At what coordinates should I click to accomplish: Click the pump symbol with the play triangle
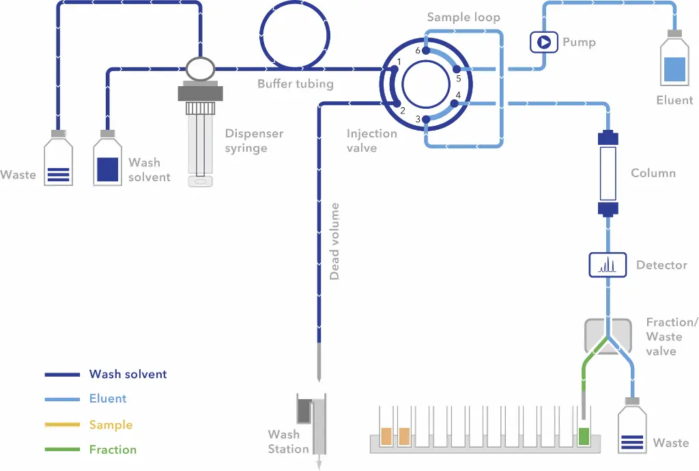543,42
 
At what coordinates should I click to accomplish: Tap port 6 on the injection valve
426,51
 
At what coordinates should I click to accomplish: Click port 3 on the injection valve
426,119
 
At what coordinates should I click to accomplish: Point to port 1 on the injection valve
394,69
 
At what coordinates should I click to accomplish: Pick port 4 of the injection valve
454,104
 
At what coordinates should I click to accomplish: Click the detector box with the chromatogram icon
608,265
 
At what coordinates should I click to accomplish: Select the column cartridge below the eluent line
608,173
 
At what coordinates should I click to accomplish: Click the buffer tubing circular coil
295,35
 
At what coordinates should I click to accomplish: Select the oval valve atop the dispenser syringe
200,69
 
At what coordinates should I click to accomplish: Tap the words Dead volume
334,241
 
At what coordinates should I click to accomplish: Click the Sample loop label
463,17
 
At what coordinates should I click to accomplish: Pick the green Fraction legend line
62,449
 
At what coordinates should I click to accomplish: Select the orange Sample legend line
62,425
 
